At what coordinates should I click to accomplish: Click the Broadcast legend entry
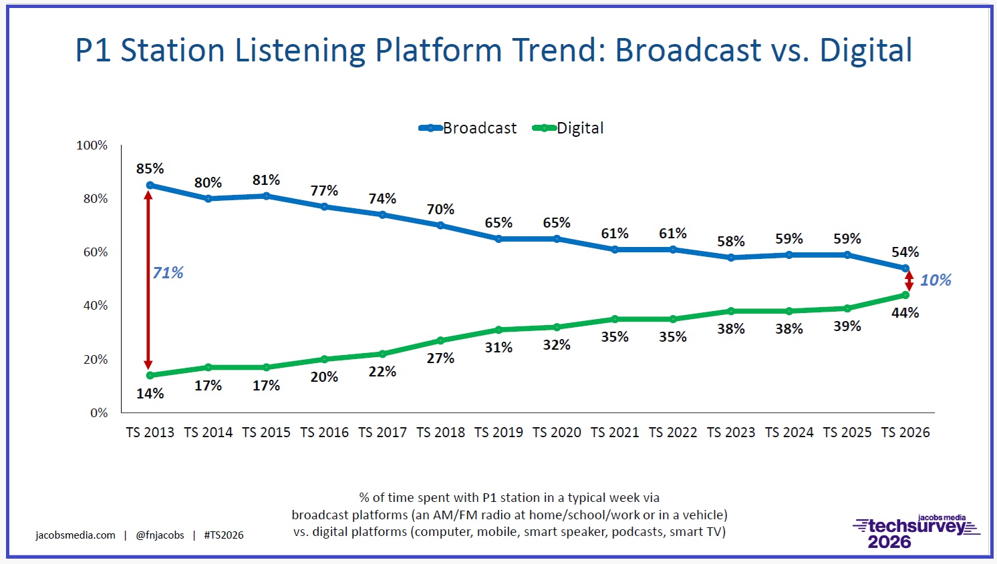coord(468,128)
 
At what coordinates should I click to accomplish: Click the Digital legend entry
coord(568,128)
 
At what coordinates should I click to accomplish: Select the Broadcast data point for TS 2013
coord(150,186)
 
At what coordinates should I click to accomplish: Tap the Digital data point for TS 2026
coord(905,295)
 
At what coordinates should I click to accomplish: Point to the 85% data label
coord(150,169)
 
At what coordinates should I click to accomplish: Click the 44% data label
coord(905,313)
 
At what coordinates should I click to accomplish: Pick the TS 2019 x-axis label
coord(498,433)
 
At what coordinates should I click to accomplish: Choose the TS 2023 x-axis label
coord(731,433)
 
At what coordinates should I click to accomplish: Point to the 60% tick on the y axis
coord(95,252)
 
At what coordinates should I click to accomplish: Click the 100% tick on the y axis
coord(92,146)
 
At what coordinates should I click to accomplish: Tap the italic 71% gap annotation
coord(168,273)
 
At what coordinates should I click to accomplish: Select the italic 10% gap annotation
coord(936,280)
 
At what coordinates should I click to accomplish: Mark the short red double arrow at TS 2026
coord(909,281)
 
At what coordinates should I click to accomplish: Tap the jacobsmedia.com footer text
coord(76,535)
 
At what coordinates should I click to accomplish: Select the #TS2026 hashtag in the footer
coord(224,535)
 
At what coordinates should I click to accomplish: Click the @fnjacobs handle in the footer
coord(160,535)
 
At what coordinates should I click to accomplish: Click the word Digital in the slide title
coord(865,51)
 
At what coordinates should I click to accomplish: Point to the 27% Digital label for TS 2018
coord(440,358)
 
